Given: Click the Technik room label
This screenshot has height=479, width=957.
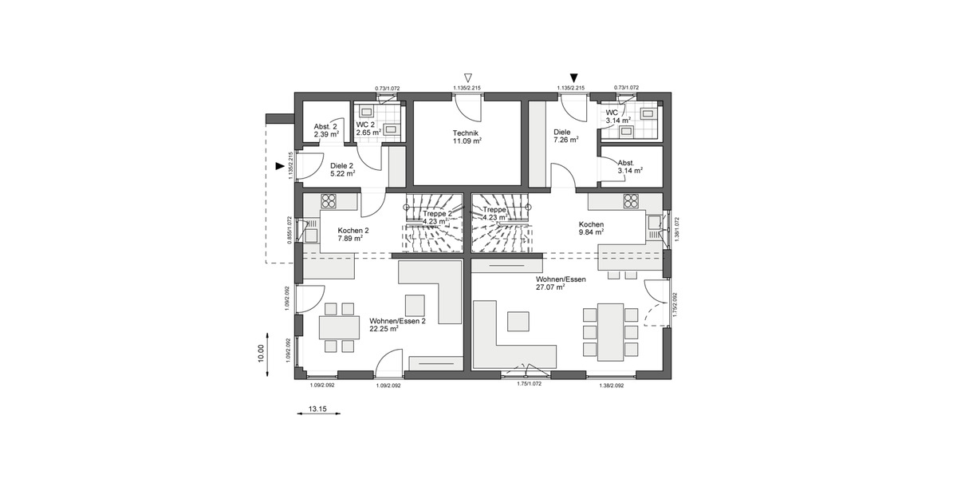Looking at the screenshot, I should click(467, 133).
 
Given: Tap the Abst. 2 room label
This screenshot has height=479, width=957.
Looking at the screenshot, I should click(325, 127).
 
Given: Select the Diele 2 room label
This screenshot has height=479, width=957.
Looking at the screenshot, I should click(341, 166).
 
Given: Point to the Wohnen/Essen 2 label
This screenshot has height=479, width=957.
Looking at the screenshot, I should click(398, 321).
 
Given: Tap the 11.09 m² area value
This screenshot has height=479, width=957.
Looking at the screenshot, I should click(467, 141).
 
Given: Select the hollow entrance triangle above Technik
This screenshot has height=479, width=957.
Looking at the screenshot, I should click(457, 77).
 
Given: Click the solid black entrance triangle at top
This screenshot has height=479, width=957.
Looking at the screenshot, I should click(573, 77).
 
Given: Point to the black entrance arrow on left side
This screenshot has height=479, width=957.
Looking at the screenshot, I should click(279, 166).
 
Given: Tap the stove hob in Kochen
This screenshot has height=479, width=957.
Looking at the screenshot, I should click(631, 200).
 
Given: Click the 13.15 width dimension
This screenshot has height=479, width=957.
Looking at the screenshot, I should click(317, 409).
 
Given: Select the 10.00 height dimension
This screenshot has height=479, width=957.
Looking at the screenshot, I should click(260, 353).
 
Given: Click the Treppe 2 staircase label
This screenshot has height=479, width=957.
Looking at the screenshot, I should click(439, 214).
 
